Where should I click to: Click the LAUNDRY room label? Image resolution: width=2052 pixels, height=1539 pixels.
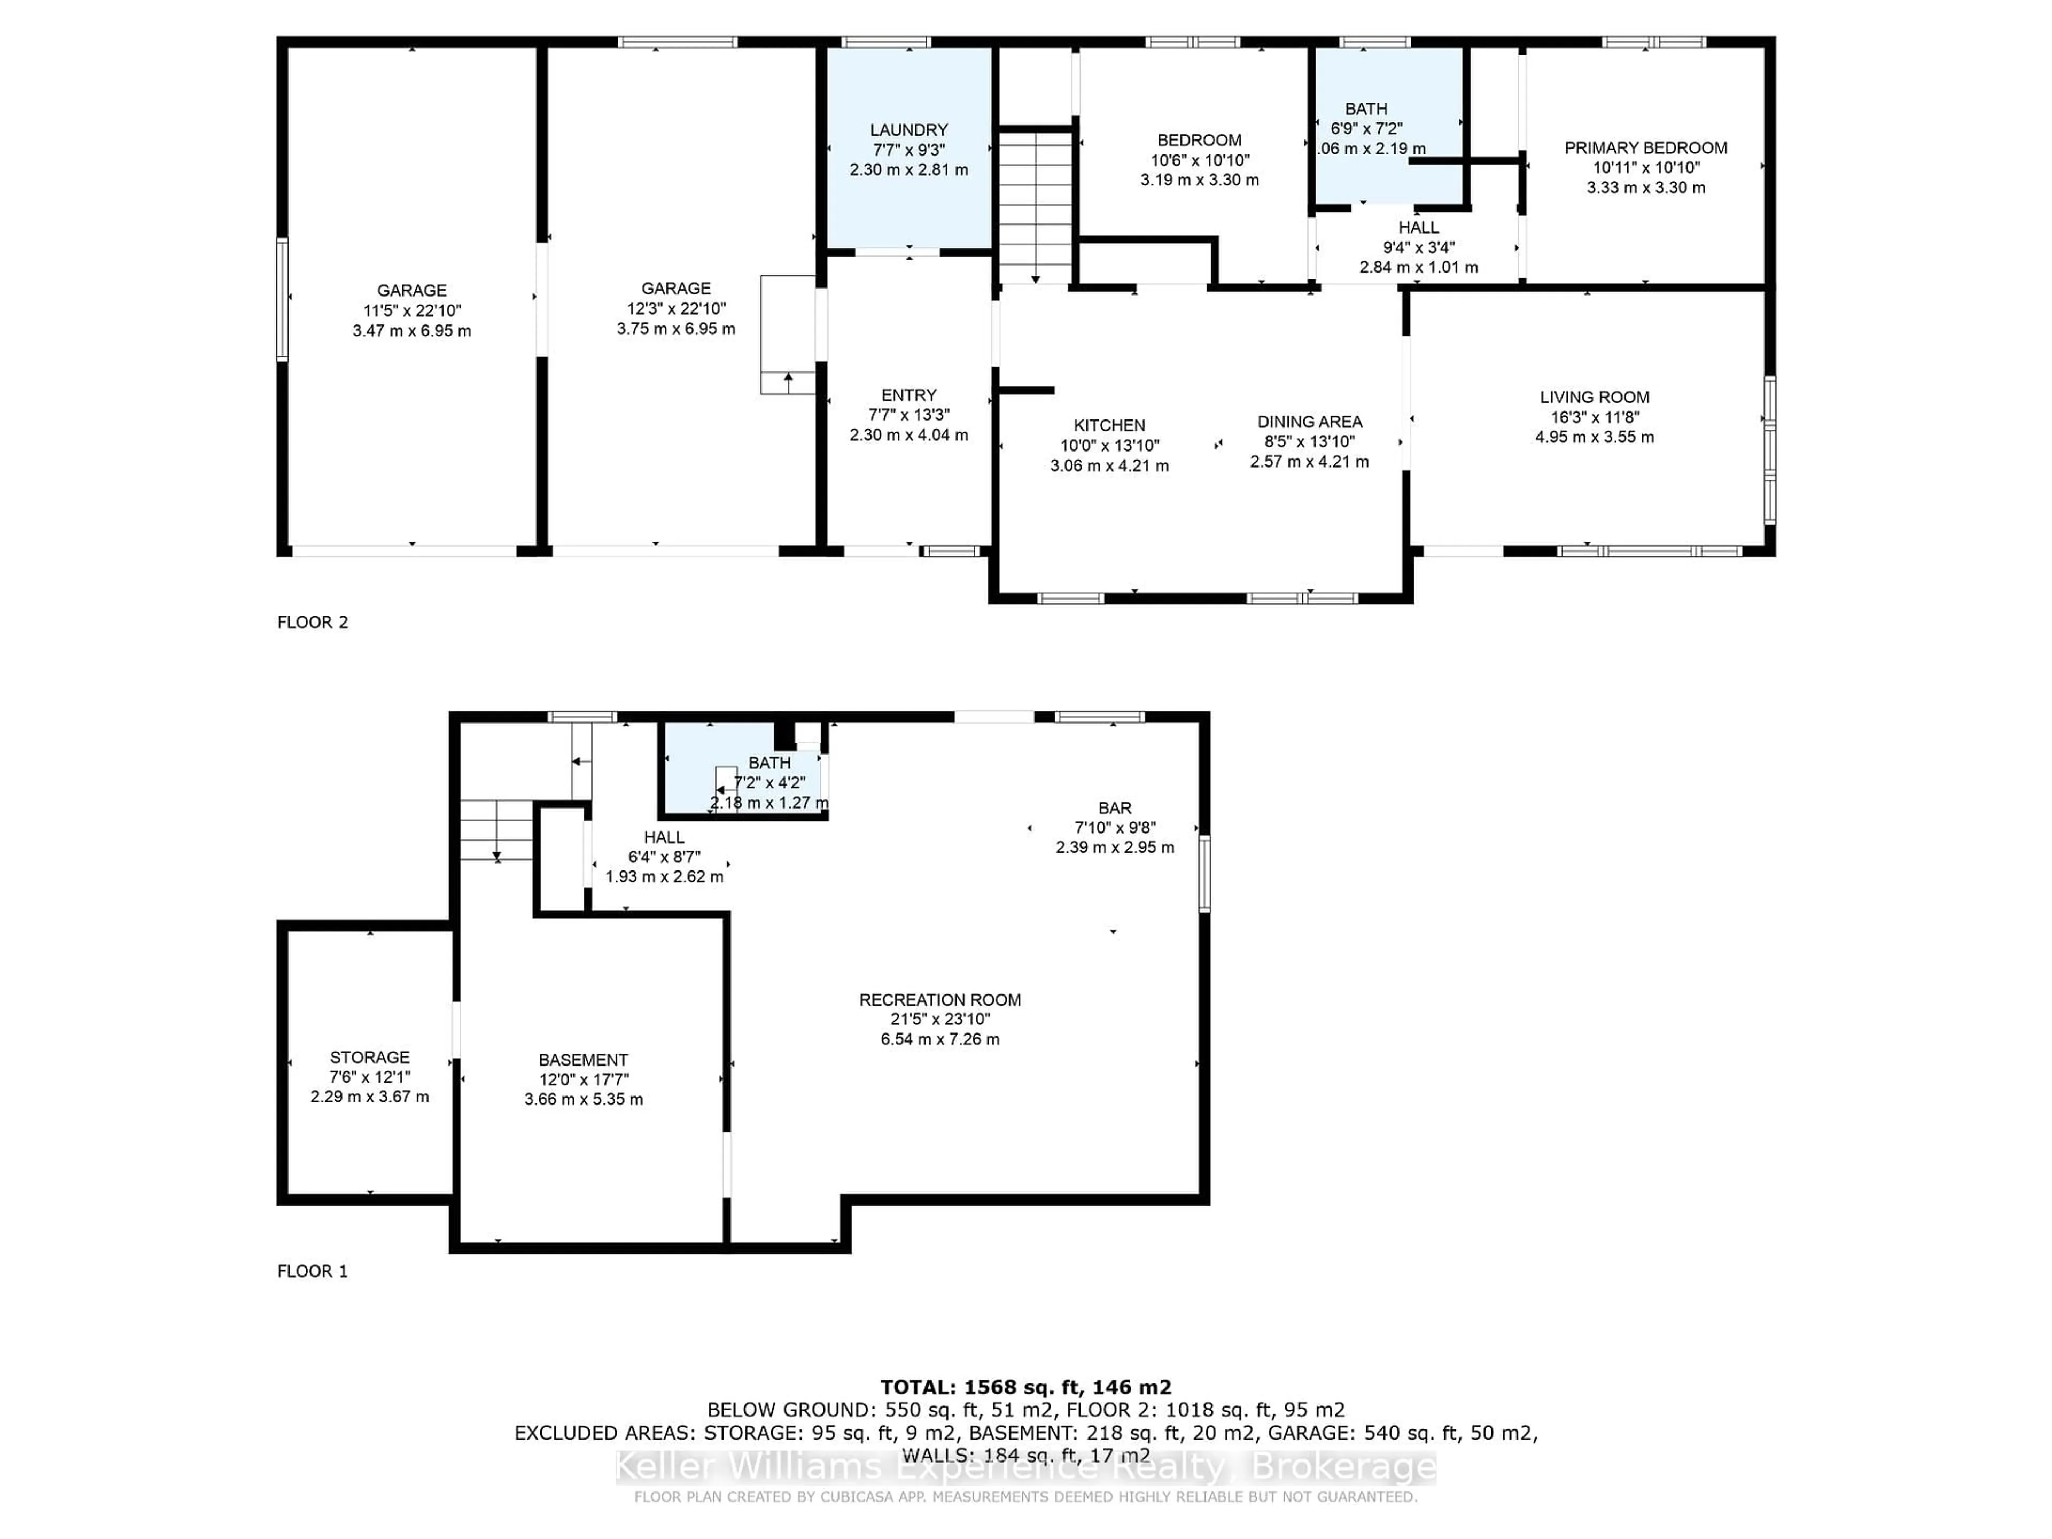pyautogui.click(x=908, y=130)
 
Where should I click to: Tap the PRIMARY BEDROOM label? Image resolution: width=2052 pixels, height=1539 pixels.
pyautogui.click(x=1645, y=147)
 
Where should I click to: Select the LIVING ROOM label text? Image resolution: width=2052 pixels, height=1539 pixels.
pyautogui.click(x=1594, y=397)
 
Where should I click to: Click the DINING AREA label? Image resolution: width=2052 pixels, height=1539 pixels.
pyautogui.click(x=1309, y=422)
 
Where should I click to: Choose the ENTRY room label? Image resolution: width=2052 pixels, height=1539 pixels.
pyautogui.click(x=908, y=395)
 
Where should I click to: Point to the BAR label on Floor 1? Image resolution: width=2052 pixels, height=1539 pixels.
pyautogui.click(x=1114, y=808)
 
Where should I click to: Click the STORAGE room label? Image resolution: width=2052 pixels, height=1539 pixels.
pyautogui.click(x=369, y=1058)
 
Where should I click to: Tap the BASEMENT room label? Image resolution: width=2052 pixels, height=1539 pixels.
pyautogui.click(x=582, y=1060)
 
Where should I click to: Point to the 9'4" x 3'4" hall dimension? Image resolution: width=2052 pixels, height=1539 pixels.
pyautogui.click(x=1418, y=248)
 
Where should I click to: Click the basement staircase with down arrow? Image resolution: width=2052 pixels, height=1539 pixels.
pyautogui.click(x=496, y=830)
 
